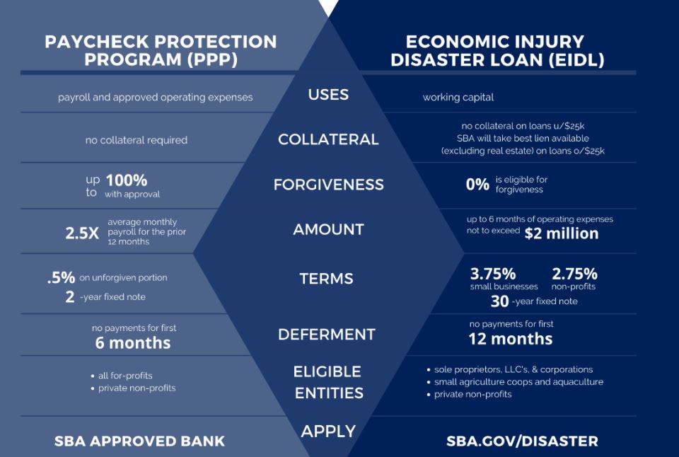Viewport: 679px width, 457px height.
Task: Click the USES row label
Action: pyautogui.click(x=328, y=94)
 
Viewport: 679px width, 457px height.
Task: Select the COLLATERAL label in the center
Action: pyautogui.click(x=328, y=139)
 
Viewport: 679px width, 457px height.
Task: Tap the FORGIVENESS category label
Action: pyautogui.click(x=329, y=185)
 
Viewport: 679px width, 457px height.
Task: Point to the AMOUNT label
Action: pyautogui.click(x=329, y=229)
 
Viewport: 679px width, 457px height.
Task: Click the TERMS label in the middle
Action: pyautogui.click(x=327, y=279)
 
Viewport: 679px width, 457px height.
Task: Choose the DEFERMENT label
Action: pyautogui.click(x=327, y=334)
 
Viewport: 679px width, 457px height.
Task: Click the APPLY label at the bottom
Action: pyautogui.click(x=328, y=431)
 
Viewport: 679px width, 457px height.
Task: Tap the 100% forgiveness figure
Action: pyautogui.click(x=127, y=180)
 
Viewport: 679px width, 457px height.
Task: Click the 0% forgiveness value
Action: pyautogui.click(x=477, y=185)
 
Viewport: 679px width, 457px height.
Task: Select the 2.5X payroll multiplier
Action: pyautogui.click(x=82, y=233)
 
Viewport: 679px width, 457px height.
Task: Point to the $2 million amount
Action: pyautogui.click(x=561, y=233)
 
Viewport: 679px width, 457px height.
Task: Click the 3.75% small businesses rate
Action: pyautogui.click(x=493, y=274)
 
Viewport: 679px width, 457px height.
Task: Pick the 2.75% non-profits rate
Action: pyautogui.click(x=574, y=274)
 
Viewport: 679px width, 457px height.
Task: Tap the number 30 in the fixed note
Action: pyautogui.click(x=500, y=301)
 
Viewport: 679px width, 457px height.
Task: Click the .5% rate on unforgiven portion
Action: pyautogui.click(x=61, y=277)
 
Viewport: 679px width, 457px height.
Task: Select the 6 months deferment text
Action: pyautogui.click(x=133, y=342)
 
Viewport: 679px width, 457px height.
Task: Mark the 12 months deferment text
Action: pyautogui.click(x=511, y=339)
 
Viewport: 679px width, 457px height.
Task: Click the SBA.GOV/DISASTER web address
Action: pyautogui.click(x=522, y=441)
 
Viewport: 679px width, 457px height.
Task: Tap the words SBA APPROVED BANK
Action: pyautogui.click(x=139, y=441)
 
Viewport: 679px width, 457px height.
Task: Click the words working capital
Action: pyautogui.click(x=458, y=97)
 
